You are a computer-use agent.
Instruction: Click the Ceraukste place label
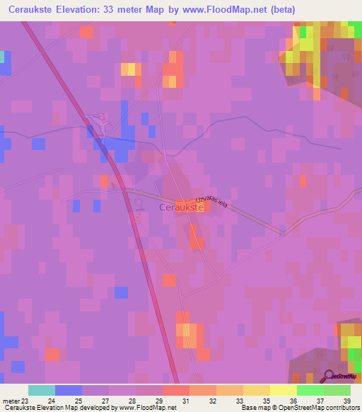(x=182, y=208)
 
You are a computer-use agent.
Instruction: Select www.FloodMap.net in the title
(x=237, y=9)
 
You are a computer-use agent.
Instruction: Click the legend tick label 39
(x=346, y=400)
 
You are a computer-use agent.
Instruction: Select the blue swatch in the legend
(x=68, y=390)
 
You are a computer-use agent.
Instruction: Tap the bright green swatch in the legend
(x=310, y=390)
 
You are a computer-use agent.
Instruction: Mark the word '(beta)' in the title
(x=281, y=9)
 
